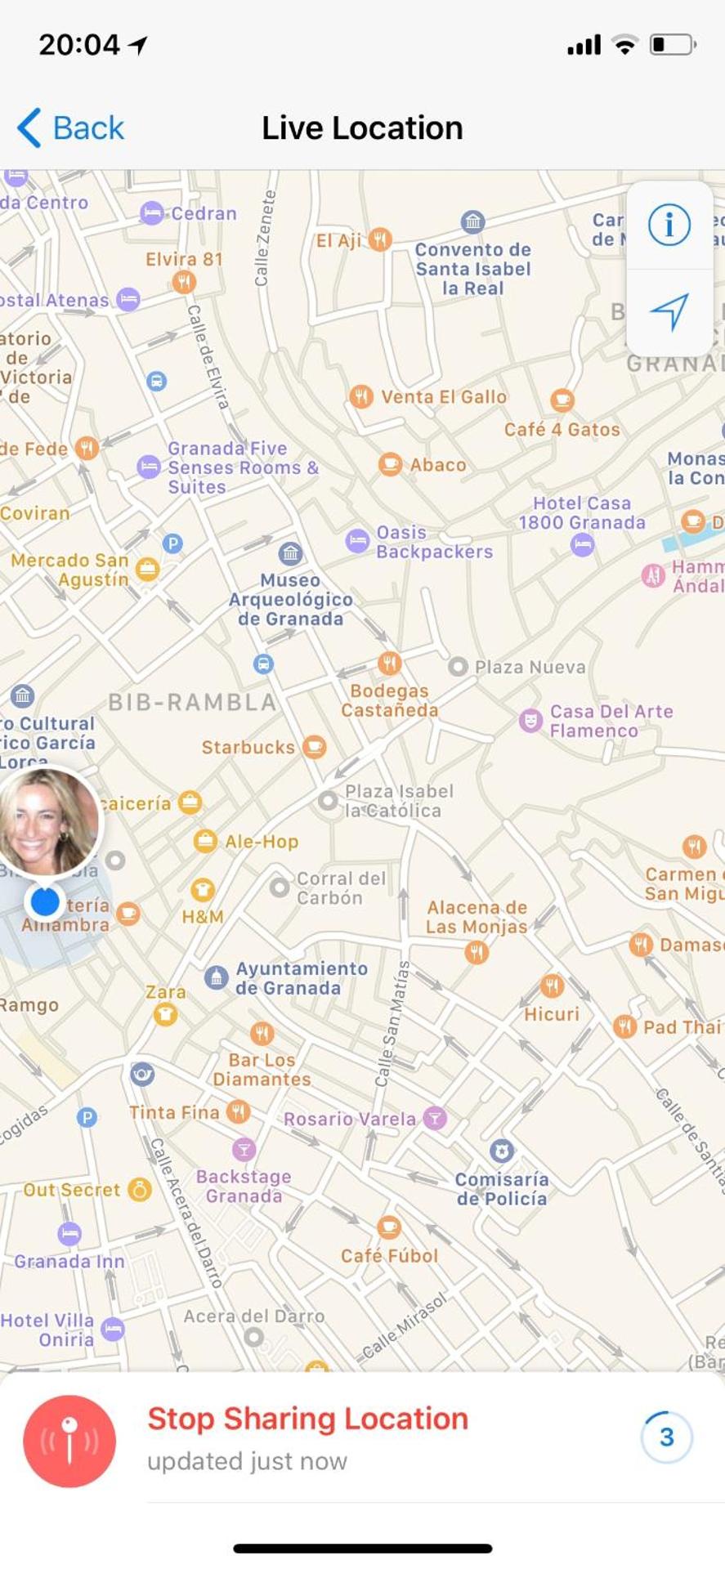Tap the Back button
[x=71, y=128]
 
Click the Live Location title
[x=362, y=128]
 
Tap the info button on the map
[x=669, y=224]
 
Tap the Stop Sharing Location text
[x=307, y=1419]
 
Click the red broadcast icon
[x=69, y=1441]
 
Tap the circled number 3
[x=667, y=1437]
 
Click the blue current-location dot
[x=45, y=901]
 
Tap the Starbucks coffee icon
[x=314, y=746]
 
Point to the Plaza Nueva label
[x=530, y=667]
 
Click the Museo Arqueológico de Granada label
[x=290, y=599]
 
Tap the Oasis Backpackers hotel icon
[x=357, y=541]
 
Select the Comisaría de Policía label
[x=502, y=1188]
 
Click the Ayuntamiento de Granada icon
[x=216, y=977]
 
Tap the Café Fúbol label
[x=389, y=1255]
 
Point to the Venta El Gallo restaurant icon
[x=360, y=397]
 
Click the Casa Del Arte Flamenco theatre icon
[x=531, y=721]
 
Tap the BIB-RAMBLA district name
[x=193, y=702]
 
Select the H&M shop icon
[x=202, y=889]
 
